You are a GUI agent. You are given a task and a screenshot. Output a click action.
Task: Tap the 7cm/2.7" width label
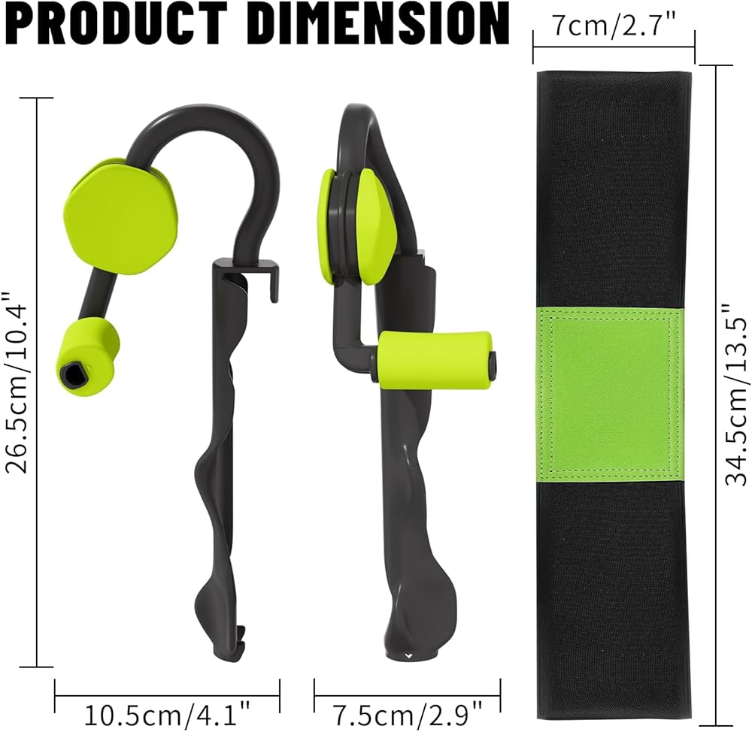[614, 25]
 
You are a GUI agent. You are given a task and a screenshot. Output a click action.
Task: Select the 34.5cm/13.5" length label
[736, 395]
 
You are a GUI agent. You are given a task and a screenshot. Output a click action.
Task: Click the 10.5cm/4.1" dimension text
[168, 716]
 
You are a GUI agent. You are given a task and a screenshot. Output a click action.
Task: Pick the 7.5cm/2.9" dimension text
[408, 716]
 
